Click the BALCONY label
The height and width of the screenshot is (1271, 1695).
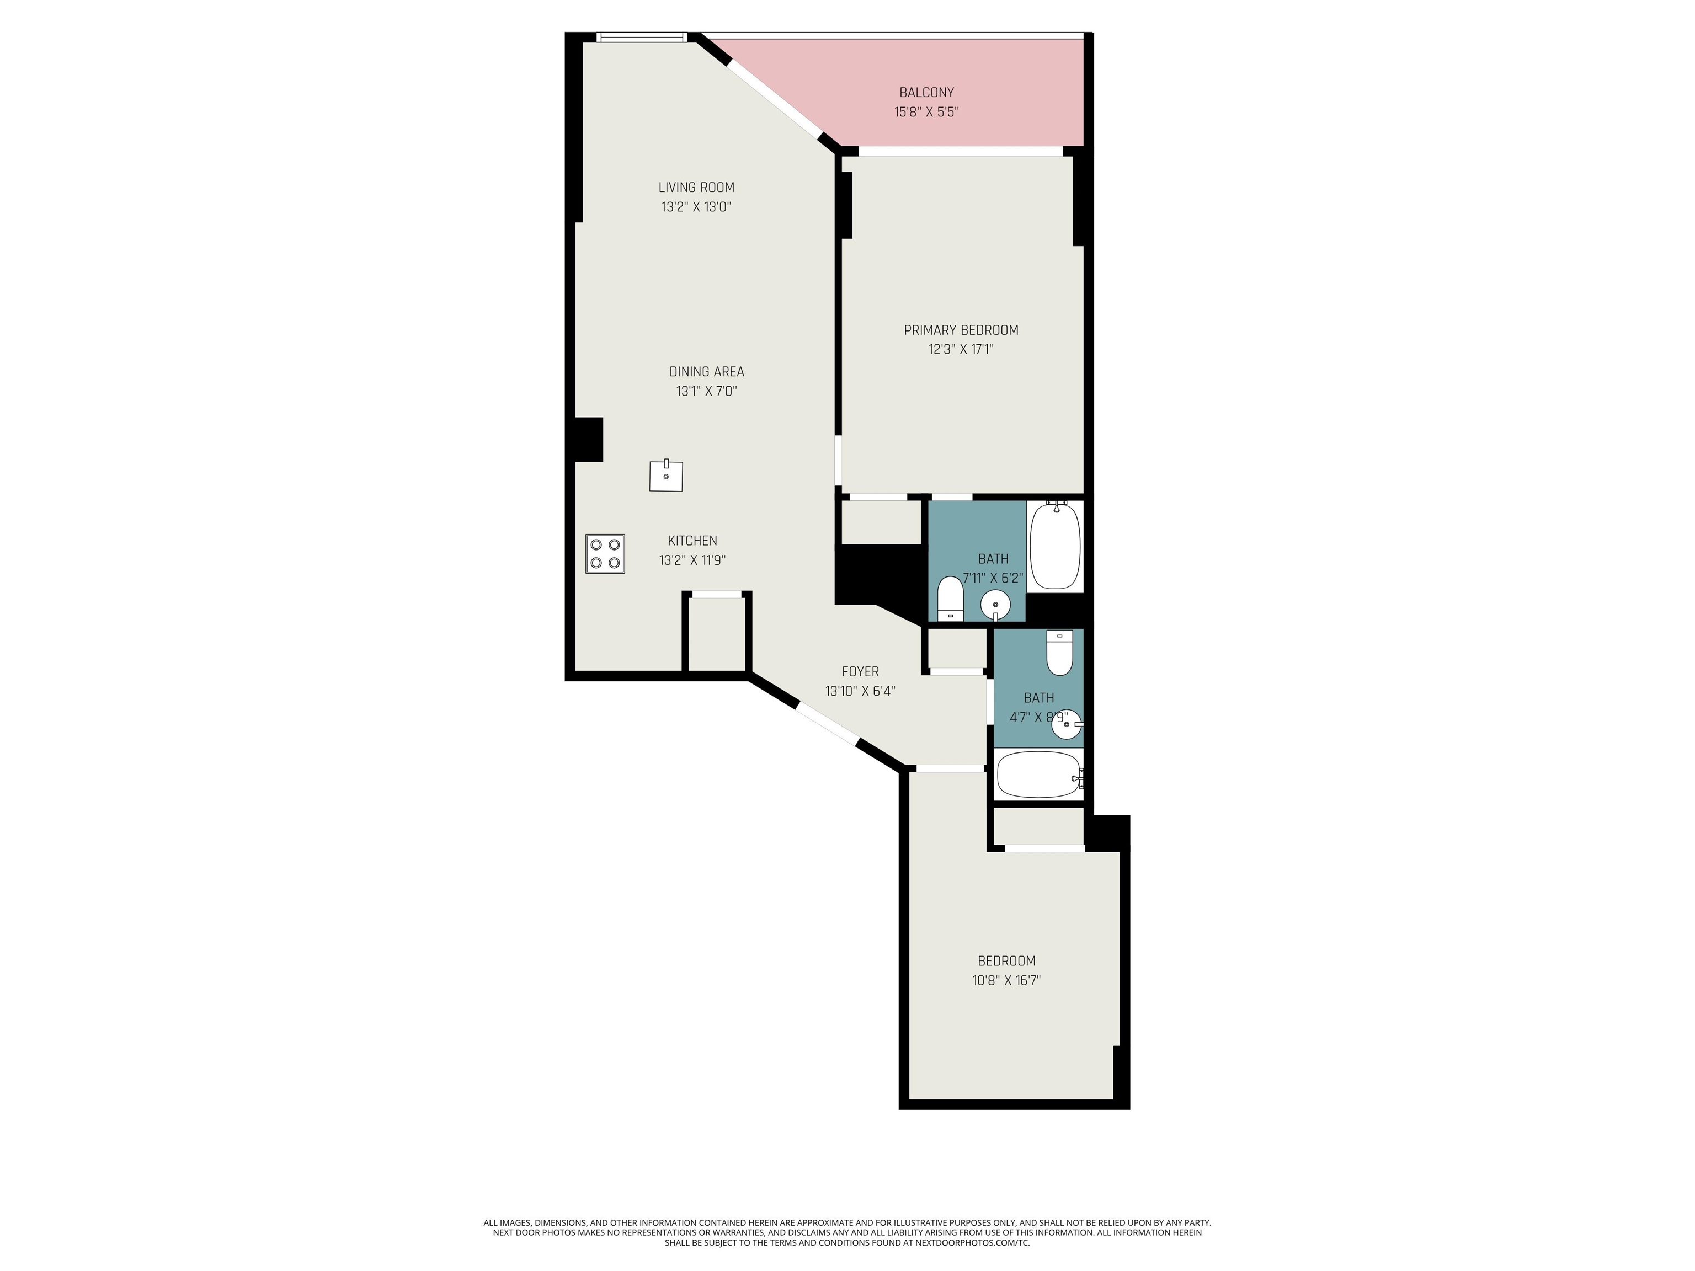926,93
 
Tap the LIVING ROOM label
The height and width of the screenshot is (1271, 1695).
696,188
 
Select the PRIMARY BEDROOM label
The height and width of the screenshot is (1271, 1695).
961,330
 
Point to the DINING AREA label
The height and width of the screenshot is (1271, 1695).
706,372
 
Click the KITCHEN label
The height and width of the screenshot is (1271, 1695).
692,541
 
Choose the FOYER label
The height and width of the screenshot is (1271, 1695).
861,672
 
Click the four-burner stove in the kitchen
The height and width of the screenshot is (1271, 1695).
605,554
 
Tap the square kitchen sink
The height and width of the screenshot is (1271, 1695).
666,476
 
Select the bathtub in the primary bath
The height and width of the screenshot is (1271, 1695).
1055,546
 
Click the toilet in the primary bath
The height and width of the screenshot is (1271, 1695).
950,599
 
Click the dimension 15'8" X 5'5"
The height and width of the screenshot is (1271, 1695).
926,112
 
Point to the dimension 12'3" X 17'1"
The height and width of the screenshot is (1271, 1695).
961,349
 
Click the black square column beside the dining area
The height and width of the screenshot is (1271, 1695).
589,440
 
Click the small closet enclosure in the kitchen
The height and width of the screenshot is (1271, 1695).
717,633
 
